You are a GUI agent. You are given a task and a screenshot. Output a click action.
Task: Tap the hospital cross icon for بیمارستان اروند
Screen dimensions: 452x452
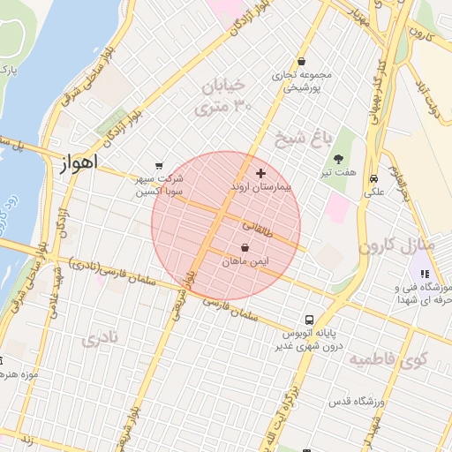tap(260, 173)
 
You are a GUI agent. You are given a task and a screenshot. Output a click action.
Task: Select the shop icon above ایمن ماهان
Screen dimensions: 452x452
tap(245, 248)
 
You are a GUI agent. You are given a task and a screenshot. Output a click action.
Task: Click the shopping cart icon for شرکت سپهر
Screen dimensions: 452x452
tap(159, 165)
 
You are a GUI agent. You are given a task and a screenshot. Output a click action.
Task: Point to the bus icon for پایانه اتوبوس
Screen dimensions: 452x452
tap(309, 320)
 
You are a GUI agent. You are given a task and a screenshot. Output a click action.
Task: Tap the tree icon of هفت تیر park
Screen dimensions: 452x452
tap(339, 158)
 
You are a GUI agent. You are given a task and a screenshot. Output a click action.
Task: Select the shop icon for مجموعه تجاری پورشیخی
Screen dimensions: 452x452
tap(302, 62)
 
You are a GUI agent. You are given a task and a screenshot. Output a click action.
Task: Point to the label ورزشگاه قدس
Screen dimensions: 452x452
tap(353, 402)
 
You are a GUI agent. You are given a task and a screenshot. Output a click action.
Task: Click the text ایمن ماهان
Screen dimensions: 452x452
tap(245, 262)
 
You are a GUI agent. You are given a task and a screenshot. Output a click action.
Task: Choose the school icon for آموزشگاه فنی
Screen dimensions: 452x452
tap(425, 274)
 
